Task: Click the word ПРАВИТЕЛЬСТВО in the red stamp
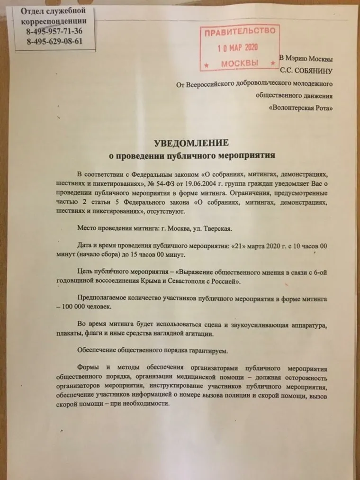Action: click(240, 32)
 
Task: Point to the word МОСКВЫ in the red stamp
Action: click(240, 63)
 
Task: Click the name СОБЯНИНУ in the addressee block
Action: click(313, 71)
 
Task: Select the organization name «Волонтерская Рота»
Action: click(300, 108)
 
